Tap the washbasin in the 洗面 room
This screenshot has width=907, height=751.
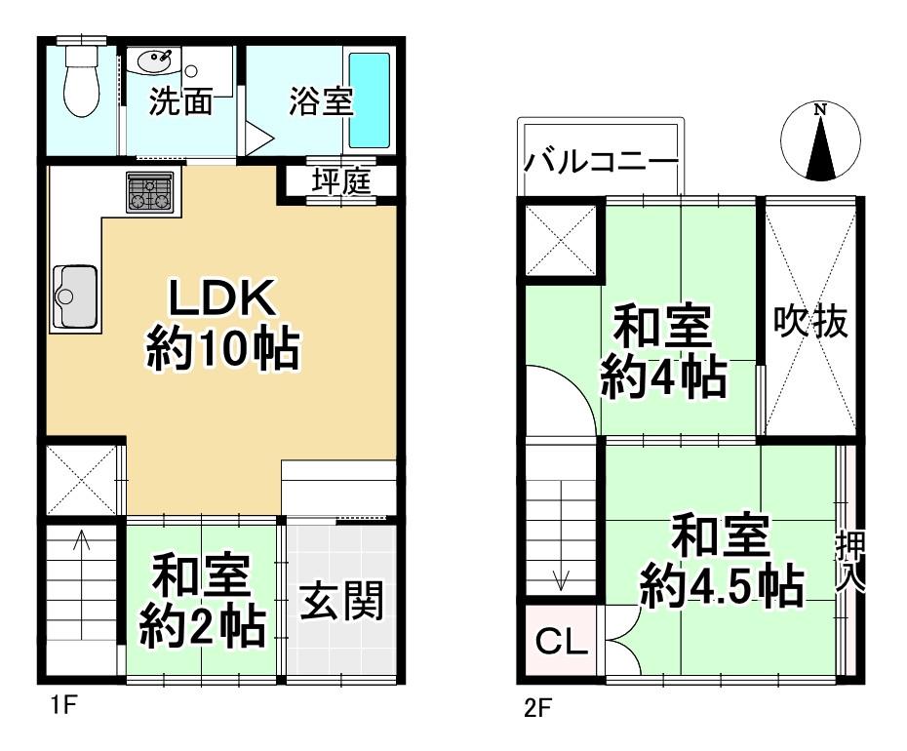point(156,61)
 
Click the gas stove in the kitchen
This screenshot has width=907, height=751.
point(149,192)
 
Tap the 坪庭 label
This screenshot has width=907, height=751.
point(341,182)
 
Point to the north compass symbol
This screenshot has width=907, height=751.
point(821,141)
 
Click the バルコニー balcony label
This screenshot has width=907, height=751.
point(601,161)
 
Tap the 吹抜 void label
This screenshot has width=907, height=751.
point(810,323)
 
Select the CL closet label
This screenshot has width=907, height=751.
point(560,642)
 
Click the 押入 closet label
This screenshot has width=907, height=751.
point(848,563)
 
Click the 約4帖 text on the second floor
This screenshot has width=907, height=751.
point(662,377)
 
